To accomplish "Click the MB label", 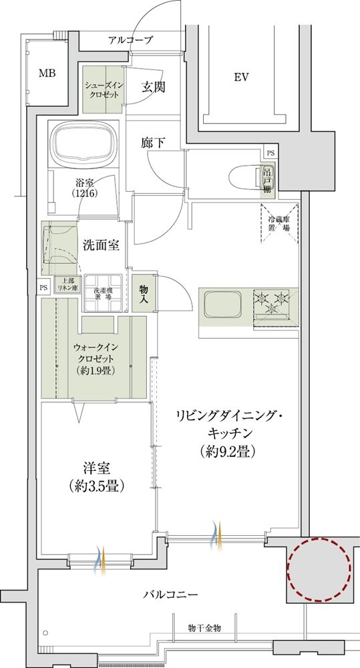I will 47,73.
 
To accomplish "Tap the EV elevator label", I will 241,77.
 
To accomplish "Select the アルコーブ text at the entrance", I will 130,41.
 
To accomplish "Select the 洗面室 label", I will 101,244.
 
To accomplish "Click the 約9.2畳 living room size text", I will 227,451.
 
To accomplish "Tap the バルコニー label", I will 170,593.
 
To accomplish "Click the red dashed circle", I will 319,569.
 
